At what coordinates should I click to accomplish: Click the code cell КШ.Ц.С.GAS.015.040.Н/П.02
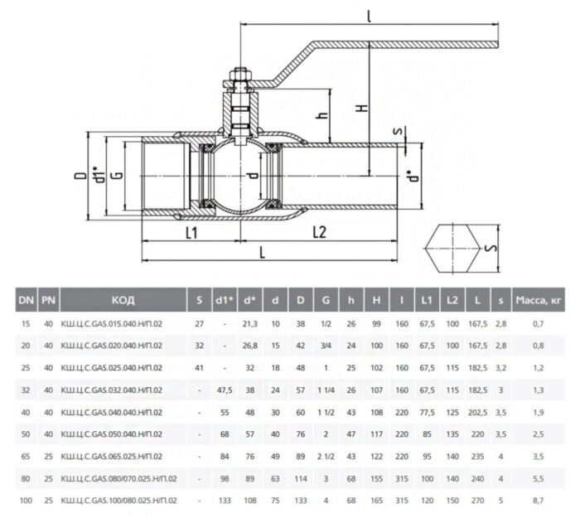pyautogui.click(x=112, y=322)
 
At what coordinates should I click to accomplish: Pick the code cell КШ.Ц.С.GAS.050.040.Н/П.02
pyautogui.click(x=112, y=434)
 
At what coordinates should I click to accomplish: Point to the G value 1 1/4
pyautogui.click(x=326, y=390)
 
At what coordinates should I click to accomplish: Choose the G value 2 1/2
pyautogui.click(x=326, y=456)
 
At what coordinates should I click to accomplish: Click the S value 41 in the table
pyautogui.click(x=199, y=367)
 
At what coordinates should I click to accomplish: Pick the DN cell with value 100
pyautogui.click(x=26, y=501)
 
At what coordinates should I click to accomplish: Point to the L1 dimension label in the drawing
pyautogui.click(x=191, y=233)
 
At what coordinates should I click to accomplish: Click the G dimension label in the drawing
pyautogui.click(x=116, y=176)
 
